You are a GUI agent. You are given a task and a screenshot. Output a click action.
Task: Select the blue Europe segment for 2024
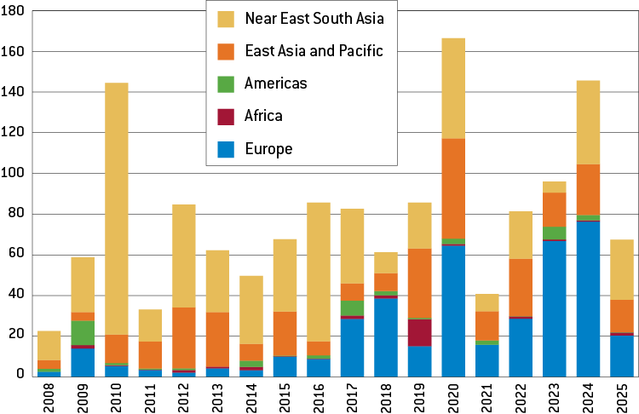coord(589,297)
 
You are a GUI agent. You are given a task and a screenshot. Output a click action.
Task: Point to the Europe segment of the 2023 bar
coord(555,308)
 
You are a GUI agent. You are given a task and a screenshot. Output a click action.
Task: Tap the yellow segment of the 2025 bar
coord(622,269)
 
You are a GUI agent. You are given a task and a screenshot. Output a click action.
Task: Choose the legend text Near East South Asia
coord(313,19)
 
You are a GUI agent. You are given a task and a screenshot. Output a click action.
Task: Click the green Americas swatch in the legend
coord(226,83)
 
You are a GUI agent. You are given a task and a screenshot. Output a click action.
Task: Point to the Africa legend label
coord(263,116)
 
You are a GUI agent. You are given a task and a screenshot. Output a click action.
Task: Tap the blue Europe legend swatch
coord(226,149)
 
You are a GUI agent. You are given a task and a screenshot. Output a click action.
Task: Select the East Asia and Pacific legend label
coord(314,51)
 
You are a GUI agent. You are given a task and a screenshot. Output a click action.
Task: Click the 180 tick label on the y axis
coord(15,11)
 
